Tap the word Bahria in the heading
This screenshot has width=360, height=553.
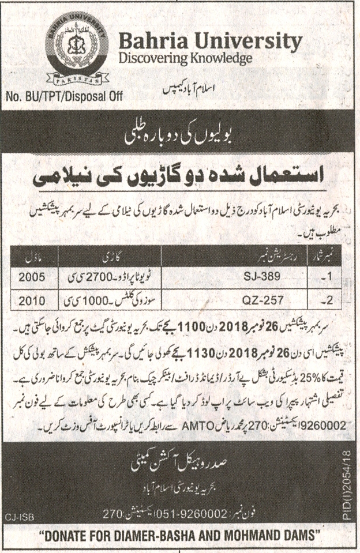[x=147, y=41]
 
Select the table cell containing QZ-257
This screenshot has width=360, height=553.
[x=261, y=300]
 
